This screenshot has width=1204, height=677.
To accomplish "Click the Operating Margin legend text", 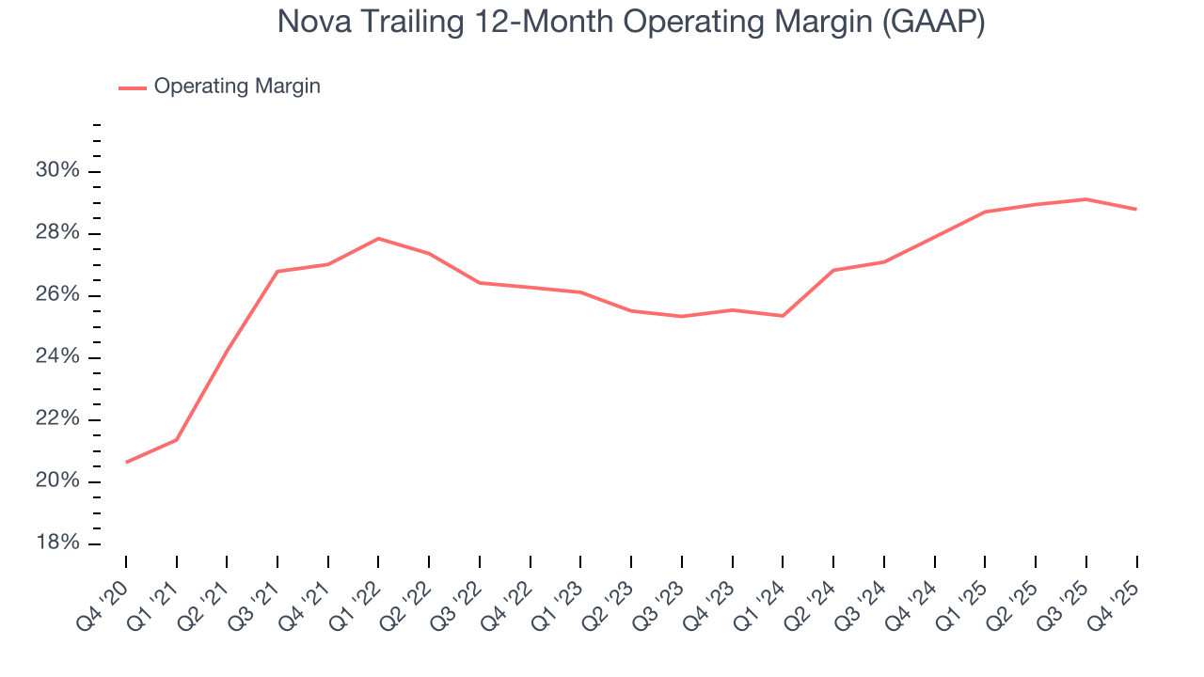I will pos(237,87).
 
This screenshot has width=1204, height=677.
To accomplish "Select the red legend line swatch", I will pos(133,87).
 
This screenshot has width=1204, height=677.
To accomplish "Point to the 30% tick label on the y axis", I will pos(56,171).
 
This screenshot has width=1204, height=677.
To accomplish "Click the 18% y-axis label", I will pos(56,544).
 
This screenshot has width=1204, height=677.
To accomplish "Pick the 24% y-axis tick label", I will pos(56,357).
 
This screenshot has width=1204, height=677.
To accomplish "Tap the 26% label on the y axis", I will pos(56,295).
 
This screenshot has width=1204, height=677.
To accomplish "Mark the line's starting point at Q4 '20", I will pos(126,462).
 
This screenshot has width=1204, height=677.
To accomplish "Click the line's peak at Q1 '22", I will pos(378,238).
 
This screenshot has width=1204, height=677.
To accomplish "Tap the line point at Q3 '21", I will pos(277,271).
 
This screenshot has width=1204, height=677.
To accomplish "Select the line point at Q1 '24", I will pos(783,315).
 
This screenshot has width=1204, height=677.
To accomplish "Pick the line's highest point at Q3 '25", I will pos(1086,199).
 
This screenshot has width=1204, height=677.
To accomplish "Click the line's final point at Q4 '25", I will pos(1136,209).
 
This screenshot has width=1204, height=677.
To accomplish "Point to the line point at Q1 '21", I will pos(177,439).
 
